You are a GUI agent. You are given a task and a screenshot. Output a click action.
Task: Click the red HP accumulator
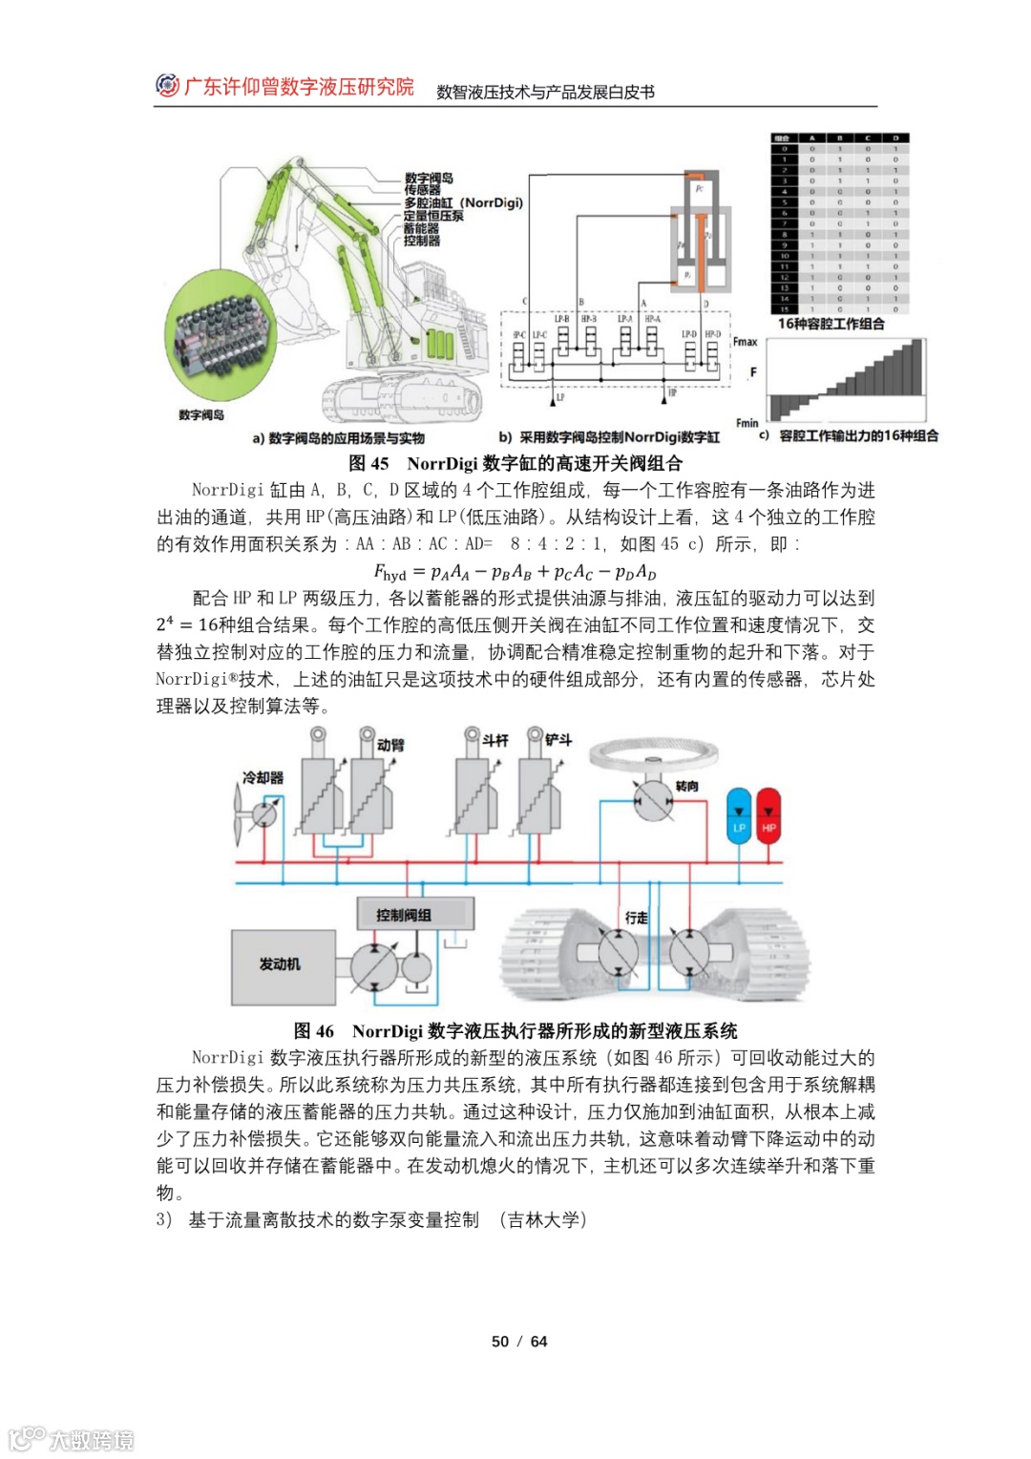(x=768, y=815)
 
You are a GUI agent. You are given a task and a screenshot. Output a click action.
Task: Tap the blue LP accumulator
(x=739, y=815)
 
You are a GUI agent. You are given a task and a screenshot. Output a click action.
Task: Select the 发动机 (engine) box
(x=280, y=965)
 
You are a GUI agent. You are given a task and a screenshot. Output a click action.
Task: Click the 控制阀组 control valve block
(x=404, y=915)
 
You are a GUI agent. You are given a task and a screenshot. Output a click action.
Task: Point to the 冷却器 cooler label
(x=263, y=777)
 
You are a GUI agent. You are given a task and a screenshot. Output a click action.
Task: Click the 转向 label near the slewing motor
(x=686, y=786)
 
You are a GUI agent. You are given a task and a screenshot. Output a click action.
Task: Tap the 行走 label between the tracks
(x=636, y=918)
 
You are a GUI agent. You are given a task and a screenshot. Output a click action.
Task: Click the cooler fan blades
(x=240, y=815)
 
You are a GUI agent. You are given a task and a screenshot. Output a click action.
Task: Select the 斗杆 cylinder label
(x=494, y=740)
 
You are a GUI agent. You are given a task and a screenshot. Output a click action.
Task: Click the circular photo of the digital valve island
(x=219, y=335)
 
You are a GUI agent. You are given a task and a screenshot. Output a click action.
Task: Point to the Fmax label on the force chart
(x=745, y=341)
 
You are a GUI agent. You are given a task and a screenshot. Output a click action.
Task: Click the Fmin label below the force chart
(x=747, y=423)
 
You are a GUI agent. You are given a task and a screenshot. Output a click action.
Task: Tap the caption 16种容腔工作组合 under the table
(x=831, y=324)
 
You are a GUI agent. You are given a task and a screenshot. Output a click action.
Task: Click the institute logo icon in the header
(x=167, y=86)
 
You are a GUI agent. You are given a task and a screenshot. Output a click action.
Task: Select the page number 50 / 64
(x=519, y=1342)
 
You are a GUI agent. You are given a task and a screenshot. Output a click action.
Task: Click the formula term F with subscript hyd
(x=389, y=573)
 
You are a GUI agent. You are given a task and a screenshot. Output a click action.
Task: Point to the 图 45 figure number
(x=368, y=464)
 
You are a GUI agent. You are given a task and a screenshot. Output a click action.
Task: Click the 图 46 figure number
(x=314, y=1031)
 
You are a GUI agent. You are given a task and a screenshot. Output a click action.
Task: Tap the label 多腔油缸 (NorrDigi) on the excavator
(x=463, y=203)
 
